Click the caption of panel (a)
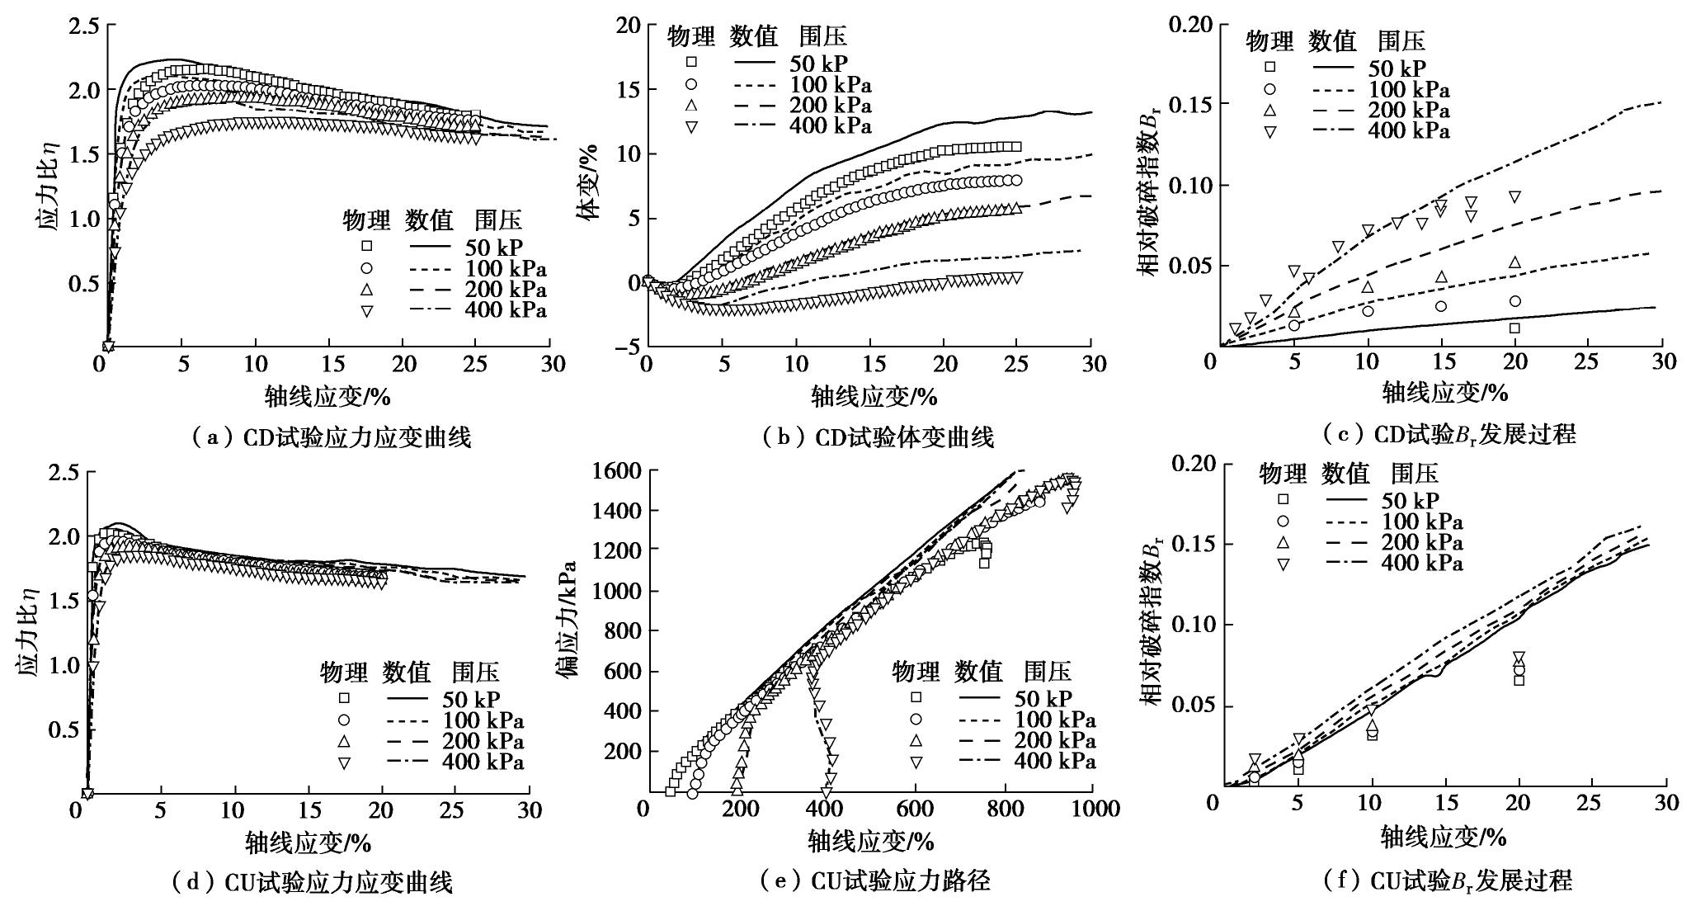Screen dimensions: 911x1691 tap(332, 437)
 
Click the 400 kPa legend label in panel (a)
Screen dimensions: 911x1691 tap(505, 311)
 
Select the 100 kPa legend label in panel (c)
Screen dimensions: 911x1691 tap(1409, 89)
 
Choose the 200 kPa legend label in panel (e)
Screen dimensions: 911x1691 tap(1055, 740)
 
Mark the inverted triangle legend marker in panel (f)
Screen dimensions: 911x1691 tap(1284, 564)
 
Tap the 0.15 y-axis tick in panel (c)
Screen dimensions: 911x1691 tap(1191, 105)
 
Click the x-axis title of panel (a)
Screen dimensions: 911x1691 tap(327, 396)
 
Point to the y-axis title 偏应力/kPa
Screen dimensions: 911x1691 tap(567, 630)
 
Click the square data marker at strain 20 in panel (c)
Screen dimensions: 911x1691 tap(1514, 328)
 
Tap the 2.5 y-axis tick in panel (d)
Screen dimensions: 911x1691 tap(50, 473)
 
